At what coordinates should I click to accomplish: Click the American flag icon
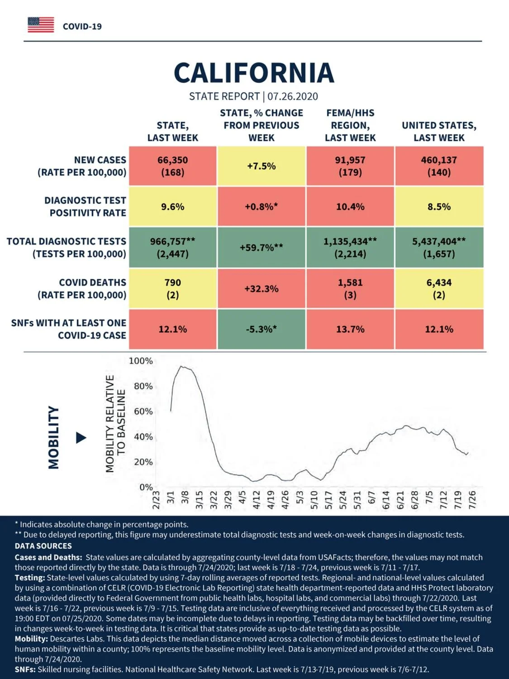click(x=41, y=25)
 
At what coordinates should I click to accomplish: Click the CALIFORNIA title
click(x=254, y=73)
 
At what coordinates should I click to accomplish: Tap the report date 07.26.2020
click(x=293, y=96)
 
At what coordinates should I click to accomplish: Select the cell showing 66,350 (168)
click(x=173, y=166)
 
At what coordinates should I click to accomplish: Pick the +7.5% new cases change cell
click(x=262, y=166)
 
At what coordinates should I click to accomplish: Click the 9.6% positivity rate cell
click(x=173, y=206)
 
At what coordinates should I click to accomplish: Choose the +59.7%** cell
click(x=262, y=248)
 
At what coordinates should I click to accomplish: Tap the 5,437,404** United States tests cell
click(x=439, y=248)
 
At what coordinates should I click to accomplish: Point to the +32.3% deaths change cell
click(x=262, y=289)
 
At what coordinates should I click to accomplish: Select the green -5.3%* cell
click(x=262, y=329)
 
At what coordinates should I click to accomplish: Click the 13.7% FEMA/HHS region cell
click(x=350, y=329)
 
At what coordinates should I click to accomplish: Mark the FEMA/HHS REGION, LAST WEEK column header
click(x=350, y=125)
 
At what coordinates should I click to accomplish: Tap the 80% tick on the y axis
click(x=143, y=386)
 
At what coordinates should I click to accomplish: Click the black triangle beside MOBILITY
click(x=81, y=438)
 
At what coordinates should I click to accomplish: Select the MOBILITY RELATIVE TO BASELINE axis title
click(x=115, y=424)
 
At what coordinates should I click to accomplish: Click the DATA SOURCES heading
click(x=43, y=545)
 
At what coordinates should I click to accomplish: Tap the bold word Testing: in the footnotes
click(x=30, y=578)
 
